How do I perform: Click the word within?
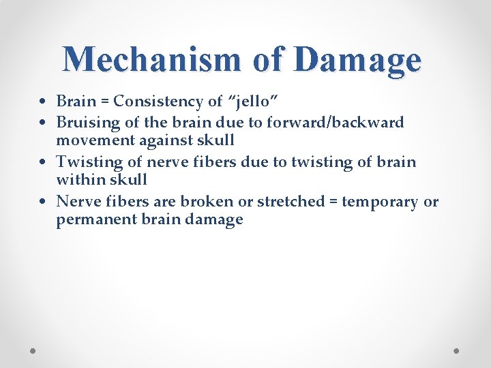coord(78,180)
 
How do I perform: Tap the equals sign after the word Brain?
coord(103,102)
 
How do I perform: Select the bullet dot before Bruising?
coord(43,123)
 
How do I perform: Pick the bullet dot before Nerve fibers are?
coord(43,202)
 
